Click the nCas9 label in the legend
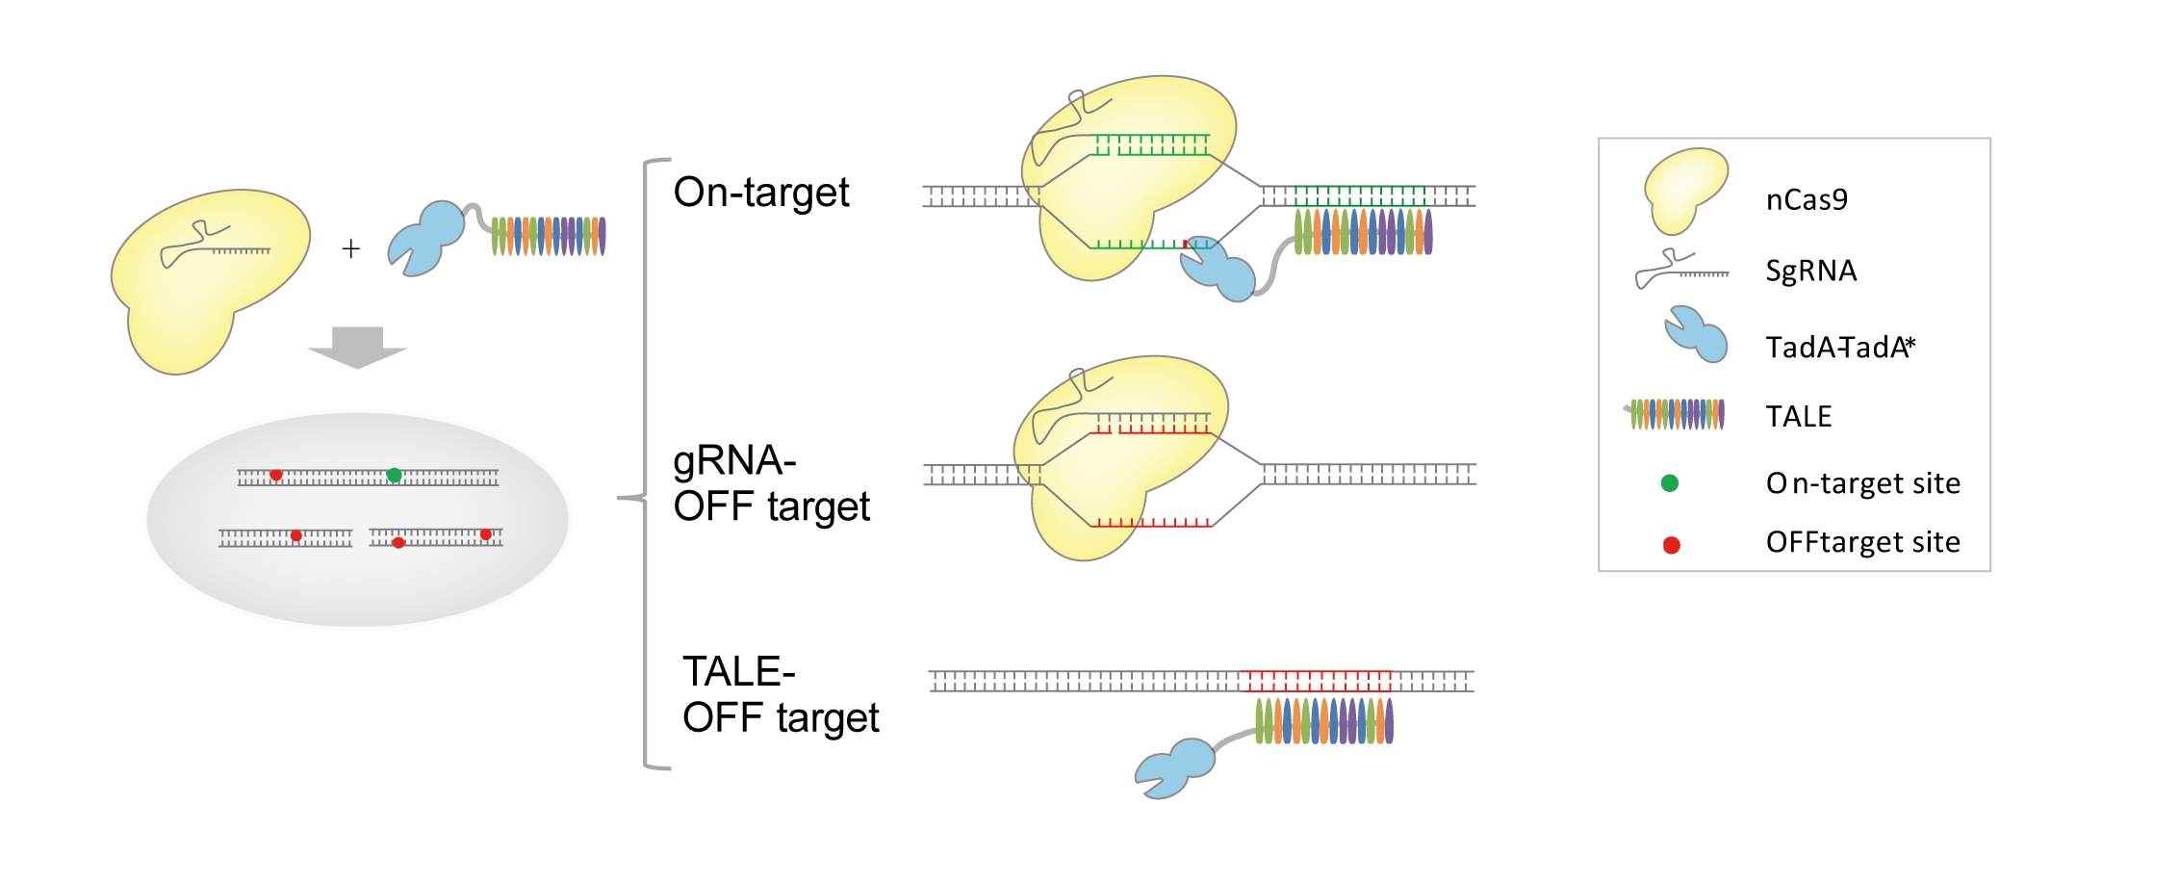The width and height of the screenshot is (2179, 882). [x=1807, y=199]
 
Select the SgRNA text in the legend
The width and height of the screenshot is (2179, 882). [x=1810, y=271]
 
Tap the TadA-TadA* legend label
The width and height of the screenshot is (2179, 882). [x=1839, y=347]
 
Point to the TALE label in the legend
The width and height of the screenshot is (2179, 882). [x=1798, y=416]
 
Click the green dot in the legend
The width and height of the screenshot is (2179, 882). [x=1670, y=483]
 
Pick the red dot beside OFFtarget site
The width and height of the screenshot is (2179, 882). [x=1672, y=545]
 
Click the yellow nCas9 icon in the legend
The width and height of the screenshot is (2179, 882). [x=1683, y=188]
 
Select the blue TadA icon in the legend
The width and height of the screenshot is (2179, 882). [x=1697, y=334]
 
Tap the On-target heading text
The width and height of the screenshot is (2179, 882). [x=760, y=193]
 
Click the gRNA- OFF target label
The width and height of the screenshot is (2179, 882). [x=770, y=483]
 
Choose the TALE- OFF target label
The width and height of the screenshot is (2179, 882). [x=780, y=694]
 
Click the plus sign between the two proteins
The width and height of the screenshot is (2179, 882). [x=351, y=249]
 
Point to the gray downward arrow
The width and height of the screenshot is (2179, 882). [x=357, y=348]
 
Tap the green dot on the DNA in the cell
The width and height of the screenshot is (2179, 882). [x=394, y=475]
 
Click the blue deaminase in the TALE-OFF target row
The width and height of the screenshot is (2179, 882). [x=1176, y=767]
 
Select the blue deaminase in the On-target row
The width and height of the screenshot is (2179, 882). [x=1218, y=272]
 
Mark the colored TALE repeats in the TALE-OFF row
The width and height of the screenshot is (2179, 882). [x=1324, y=721]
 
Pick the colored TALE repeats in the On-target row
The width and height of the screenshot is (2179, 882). [x=1363, y=231]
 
